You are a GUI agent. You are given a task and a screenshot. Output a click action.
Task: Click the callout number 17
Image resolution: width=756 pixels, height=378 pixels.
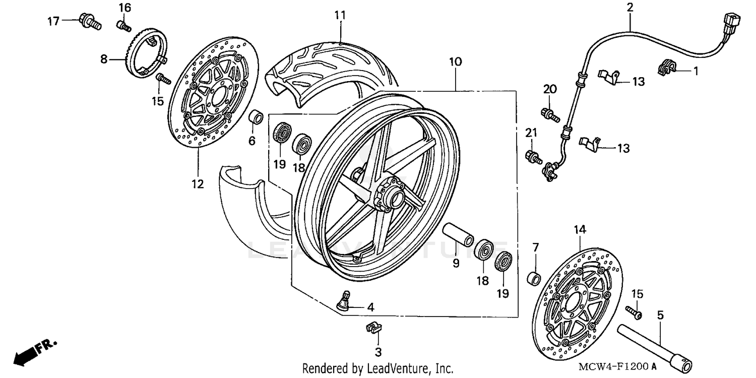pyautogui.click(x=53, y=21)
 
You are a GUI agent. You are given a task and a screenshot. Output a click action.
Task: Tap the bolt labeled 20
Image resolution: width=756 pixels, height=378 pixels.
pyautogui.click(x=550, y=114)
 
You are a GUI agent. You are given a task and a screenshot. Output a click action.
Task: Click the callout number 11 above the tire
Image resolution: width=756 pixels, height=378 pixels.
pyautogui.click(x=340, y=15)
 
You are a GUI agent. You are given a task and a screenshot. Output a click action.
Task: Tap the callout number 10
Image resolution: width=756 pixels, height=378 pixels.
pyautogui.click(x=455, y=62)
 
